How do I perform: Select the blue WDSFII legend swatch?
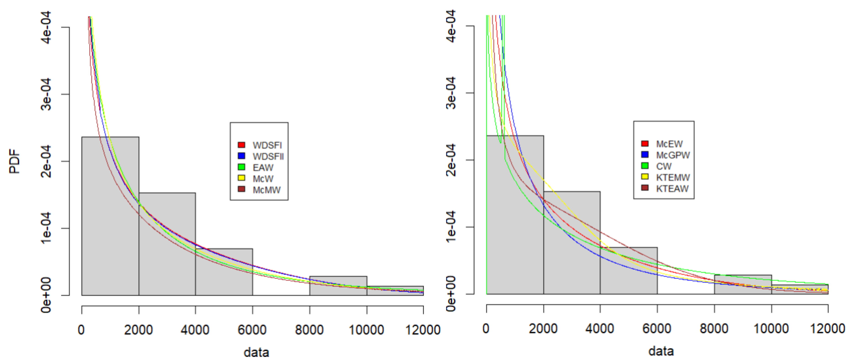(x=241, y=155)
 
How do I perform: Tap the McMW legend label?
(x=266, y=190)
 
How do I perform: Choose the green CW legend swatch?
(x=645, y=166)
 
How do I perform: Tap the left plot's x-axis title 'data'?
(x=256, y=352)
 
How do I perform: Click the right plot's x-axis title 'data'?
(x=661, y=351)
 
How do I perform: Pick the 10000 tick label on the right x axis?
(x=771, y=329)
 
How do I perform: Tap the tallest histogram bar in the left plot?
(x=110, y=231)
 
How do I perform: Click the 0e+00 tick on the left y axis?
(x=46, y=295)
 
